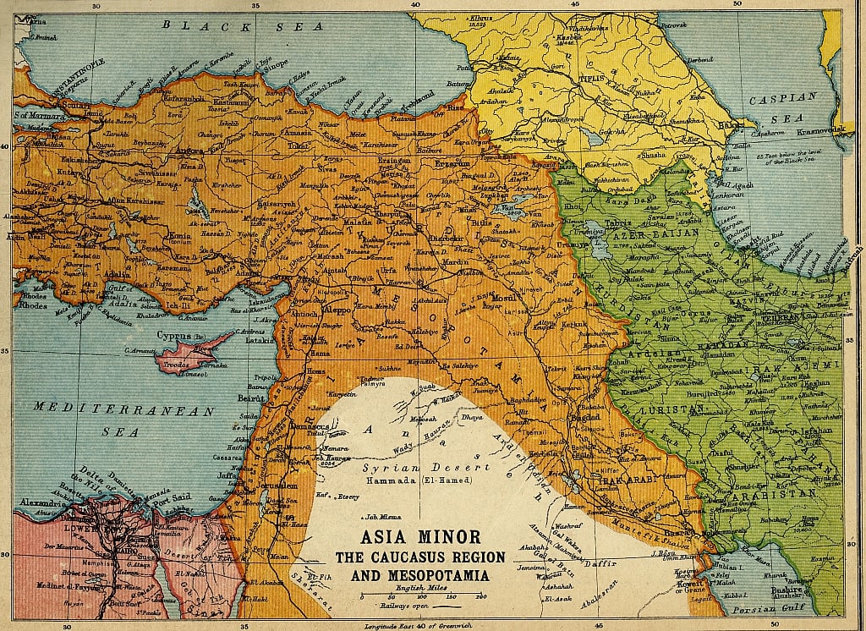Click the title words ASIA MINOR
tap(420, 537)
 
